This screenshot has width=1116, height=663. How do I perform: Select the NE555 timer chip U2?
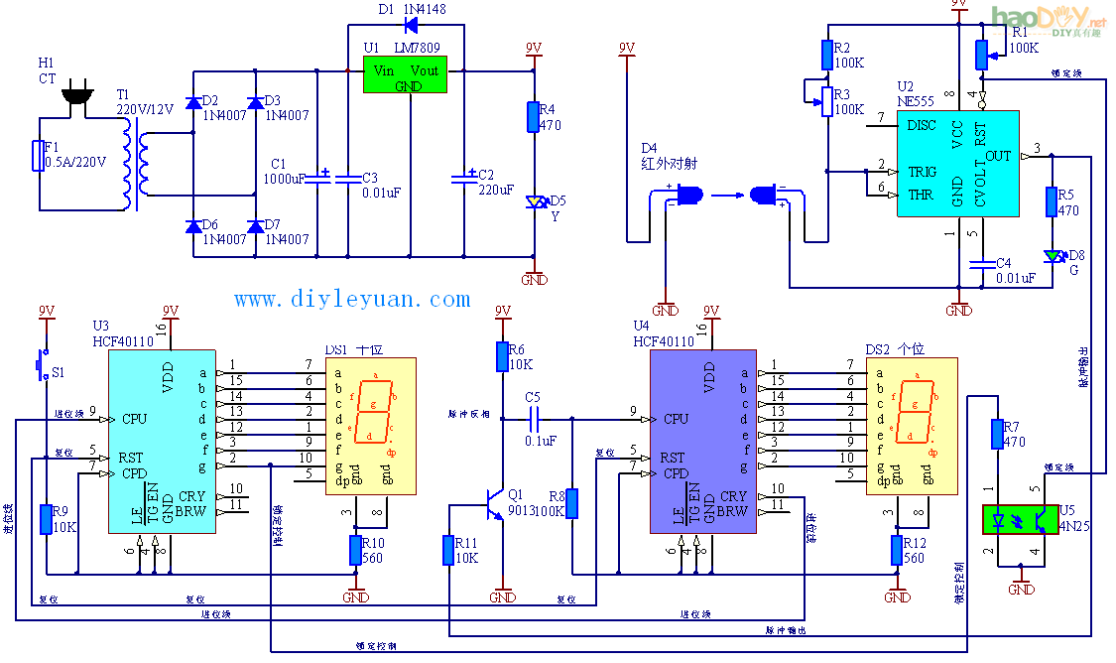point(957,164)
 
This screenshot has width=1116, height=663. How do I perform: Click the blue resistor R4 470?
point(533,116)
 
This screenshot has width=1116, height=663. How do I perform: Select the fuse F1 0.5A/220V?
point(41,157)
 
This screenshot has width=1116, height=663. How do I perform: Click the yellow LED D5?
point(535,201)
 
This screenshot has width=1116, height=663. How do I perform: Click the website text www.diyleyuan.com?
point(352,299)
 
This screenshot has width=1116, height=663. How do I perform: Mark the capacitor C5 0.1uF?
point(534,419)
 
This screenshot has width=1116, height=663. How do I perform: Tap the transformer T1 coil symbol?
point(134,168)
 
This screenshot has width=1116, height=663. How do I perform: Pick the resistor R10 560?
point(355,550)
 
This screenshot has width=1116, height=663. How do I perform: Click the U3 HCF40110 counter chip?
point(162,440)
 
